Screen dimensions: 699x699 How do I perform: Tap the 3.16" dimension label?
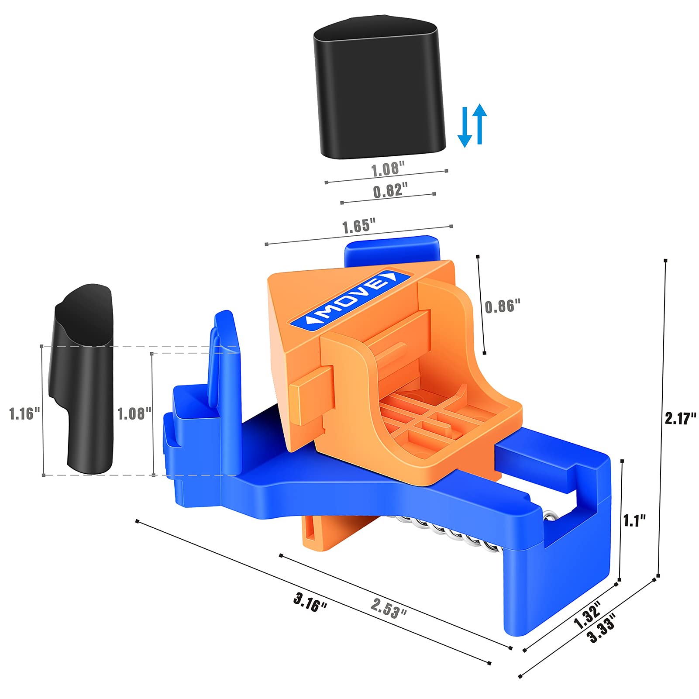pyautogui.click(x=310, y=602)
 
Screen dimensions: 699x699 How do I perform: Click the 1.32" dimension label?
pyautogui.click(x=587, y=614)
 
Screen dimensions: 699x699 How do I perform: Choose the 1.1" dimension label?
pyautogui.click(x=634, y=520)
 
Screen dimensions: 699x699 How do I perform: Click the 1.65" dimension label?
pyautogui.click(x=358, y=227)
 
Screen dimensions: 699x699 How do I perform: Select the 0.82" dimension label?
pyautogui.click(x=390, y=191)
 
